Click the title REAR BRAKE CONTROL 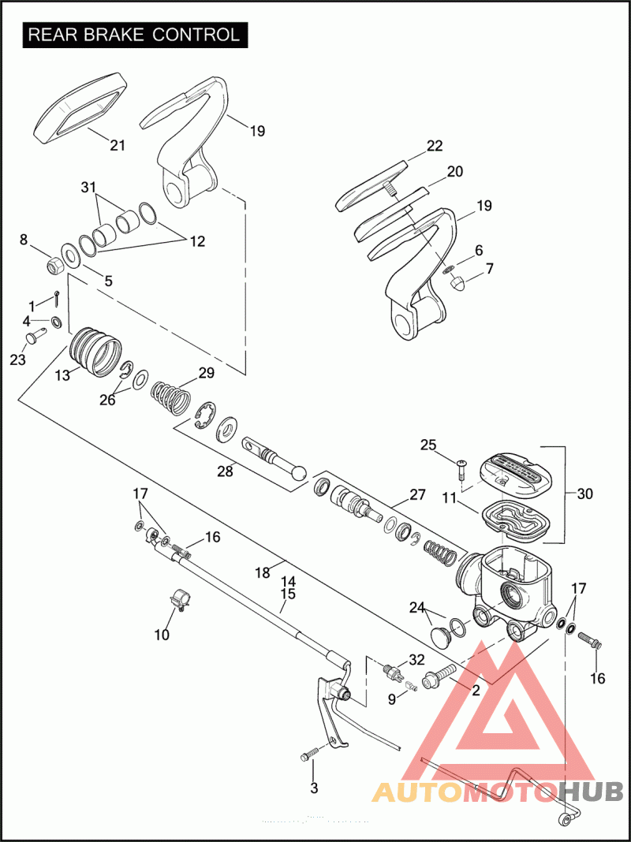134,35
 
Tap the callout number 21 118,145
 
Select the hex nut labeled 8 56,264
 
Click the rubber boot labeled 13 96,352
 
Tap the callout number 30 584,494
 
